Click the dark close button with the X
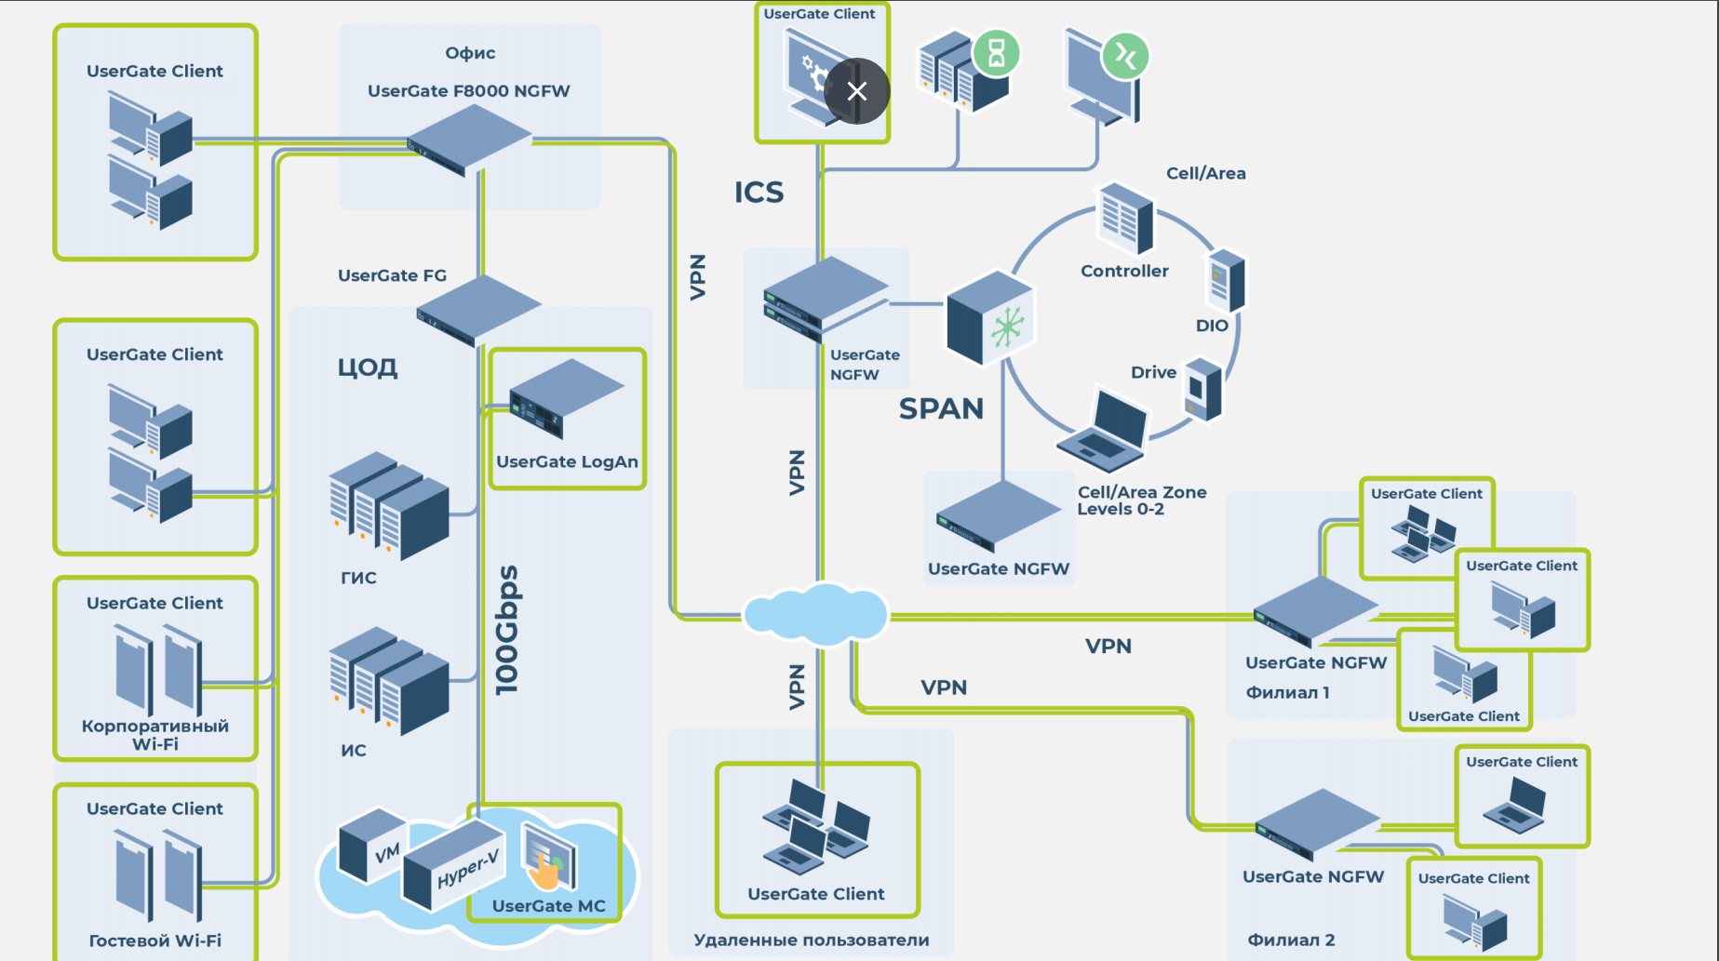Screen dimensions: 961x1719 pos(856,91)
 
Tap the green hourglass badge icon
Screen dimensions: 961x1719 pos(996,53)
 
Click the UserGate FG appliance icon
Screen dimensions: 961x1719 pos(477,310)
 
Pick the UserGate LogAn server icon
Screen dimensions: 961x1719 pos(564,398)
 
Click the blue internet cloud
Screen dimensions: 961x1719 pos(815,614)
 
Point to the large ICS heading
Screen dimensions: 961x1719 pos(759,193)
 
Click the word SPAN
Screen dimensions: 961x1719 pos(941,409)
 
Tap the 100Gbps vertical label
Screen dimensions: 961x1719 pos(507,630)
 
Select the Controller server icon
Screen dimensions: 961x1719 pos(1125,219)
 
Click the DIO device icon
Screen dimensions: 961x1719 pos(1226,280)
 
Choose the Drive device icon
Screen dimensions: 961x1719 pos(1202,389)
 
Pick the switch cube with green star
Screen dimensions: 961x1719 pos(990,318)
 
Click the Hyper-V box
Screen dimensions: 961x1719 pos(454,866)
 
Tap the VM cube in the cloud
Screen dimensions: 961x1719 pos(372,844)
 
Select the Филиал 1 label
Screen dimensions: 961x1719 pos(1287,693)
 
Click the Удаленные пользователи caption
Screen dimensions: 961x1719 pos(811,941)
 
